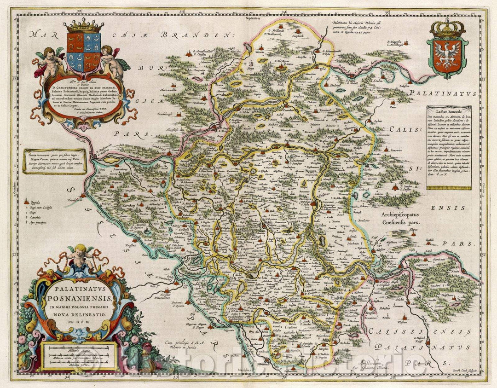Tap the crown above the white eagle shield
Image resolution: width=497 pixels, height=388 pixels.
tap(447, 29)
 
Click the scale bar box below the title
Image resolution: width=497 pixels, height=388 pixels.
tap(79, 356)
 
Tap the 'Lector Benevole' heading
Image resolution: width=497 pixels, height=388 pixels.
tap(448, 111)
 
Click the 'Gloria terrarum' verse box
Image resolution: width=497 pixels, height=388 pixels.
tap(54, 161)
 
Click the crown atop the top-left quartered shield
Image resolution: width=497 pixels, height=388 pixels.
tap(83, 25)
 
